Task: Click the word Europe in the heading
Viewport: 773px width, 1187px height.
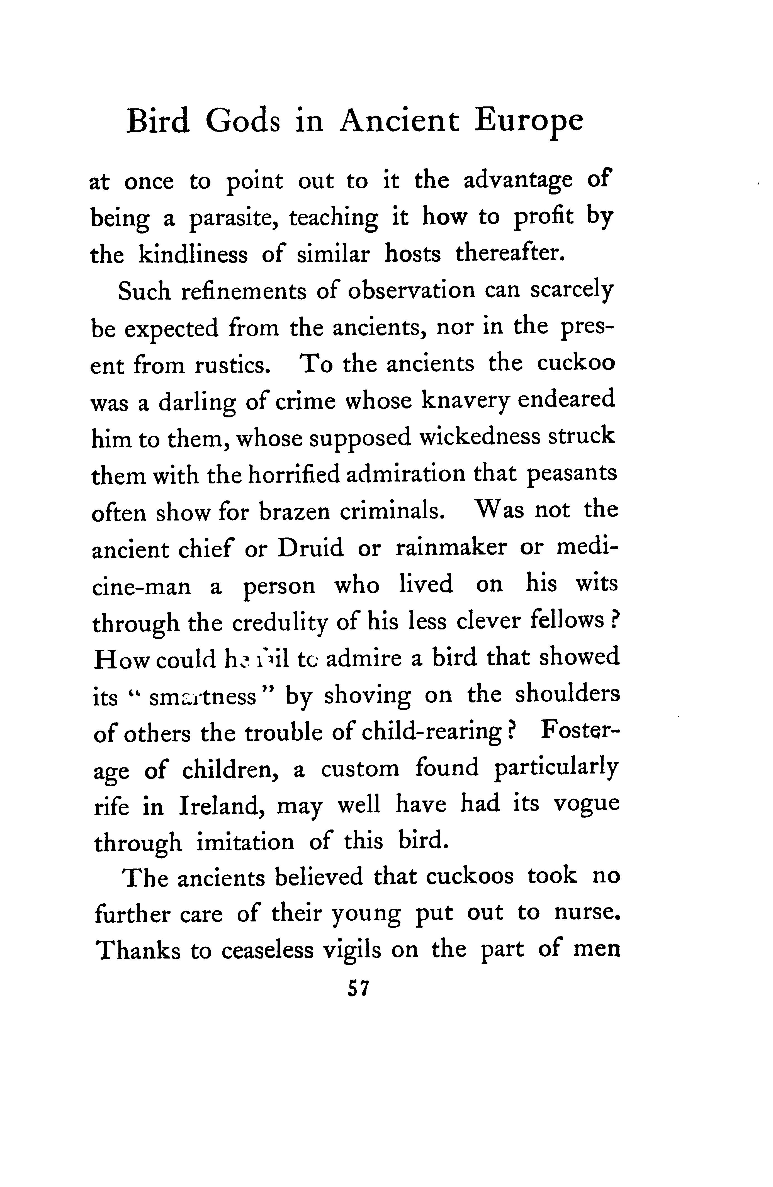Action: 529,122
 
